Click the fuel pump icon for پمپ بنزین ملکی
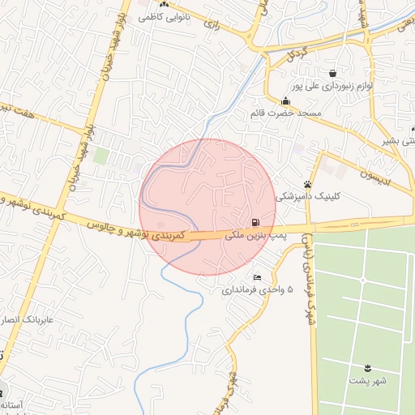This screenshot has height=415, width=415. click(x=255, y=223)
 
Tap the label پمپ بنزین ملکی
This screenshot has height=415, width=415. click(x=256, y=235)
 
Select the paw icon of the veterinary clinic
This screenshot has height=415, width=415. click(x=307, y=185)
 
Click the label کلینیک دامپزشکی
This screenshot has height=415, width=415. click(x=309, y=196)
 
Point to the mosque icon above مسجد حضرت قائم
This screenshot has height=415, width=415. click(x=285, y=101)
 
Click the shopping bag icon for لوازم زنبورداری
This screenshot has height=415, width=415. click(x=332, y=74)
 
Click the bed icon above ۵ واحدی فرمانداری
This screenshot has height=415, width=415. click(x=257, y=278)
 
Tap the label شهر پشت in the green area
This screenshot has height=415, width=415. click(x=369, y=379)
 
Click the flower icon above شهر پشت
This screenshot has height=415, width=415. click(x=368, y=368)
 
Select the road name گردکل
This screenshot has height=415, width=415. click(x=296, y=54)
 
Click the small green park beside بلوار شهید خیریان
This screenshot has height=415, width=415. click(x=101, y=156)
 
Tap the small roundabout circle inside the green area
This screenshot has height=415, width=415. click(x=362, y=280)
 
